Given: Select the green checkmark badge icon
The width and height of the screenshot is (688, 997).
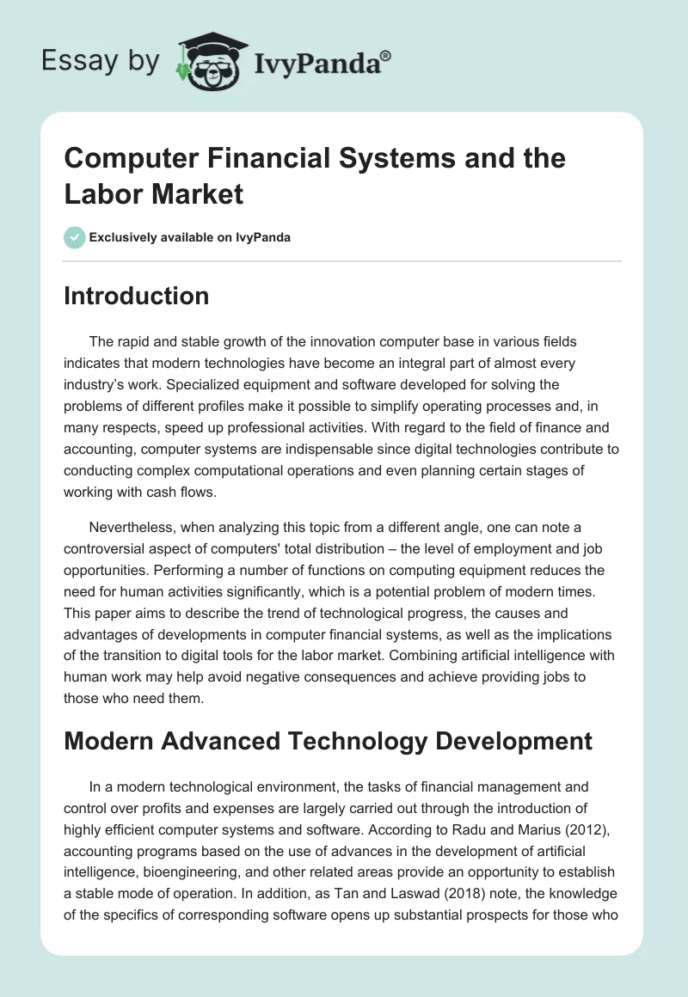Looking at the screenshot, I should point(74,237).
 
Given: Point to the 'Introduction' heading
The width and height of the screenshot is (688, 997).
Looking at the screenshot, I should point(136,296).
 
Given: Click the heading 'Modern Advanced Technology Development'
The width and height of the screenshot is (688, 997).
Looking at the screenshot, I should point(328,740).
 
